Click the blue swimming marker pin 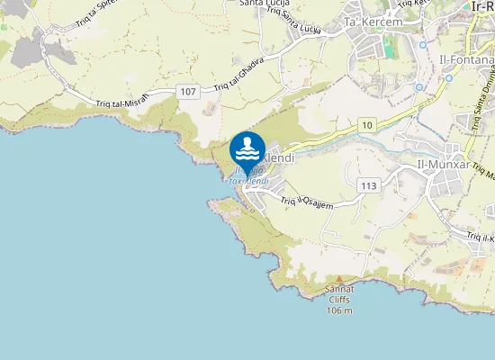pyautogui.click(x=247, y=149)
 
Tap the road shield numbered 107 pyautogui.click(x=187, y=92)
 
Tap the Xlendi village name pyautogui.click(x=280, y=157)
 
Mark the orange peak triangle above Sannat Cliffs pyautogui.click(x=338, y=279)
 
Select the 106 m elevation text pyautogui.click(x=339, y=310)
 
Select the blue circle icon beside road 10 pyautogui.click(x=419, y=87)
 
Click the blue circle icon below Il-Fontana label pyautogui.click(x=448, y=77)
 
